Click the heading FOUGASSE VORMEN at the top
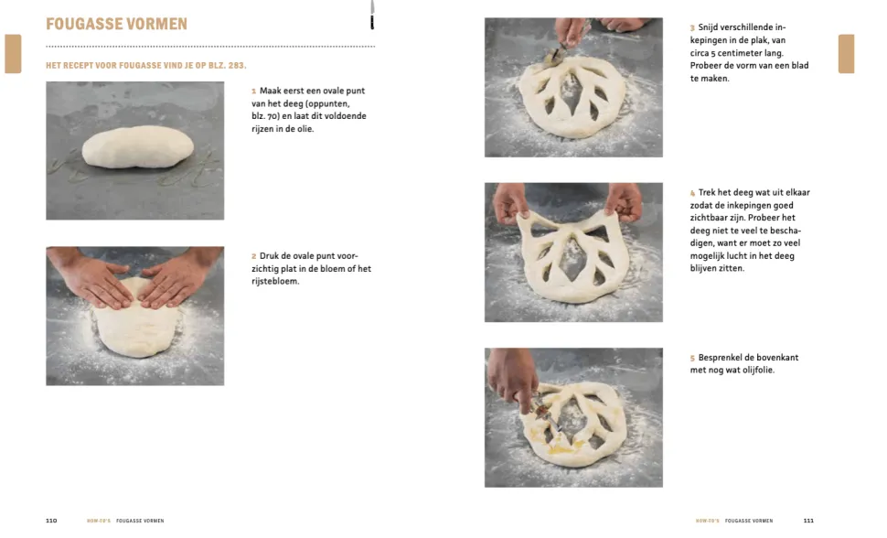(116, 24)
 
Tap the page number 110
(51, 521)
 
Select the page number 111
(808, 521)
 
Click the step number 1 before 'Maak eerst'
(254, 91)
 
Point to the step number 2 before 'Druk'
(254, 256)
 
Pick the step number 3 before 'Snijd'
(692, 27)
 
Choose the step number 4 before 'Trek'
(692, 193)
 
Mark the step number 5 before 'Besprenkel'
(692, 359)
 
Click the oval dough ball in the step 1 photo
(137, 147)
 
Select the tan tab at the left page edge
(13, 54)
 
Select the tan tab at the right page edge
(846, 54)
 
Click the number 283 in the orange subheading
(236, 66)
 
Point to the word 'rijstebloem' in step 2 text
(275, 282)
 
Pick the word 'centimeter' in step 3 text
(741, 53)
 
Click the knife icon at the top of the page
(372, 15)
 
